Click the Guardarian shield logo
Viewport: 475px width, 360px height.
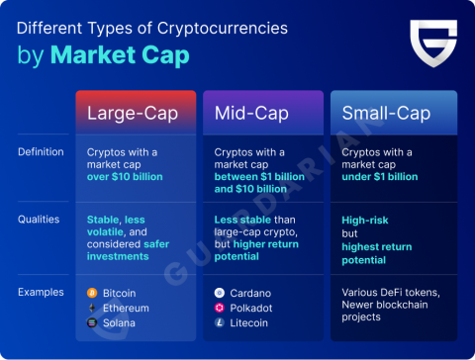click(432, 45)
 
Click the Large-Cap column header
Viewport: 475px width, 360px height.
click(132, 114)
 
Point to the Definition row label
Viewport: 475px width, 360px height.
click(41, 152)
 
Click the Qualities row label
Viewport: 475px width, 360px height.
click(39, 220)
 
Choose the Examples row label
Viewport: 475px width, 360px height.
click(41, 293)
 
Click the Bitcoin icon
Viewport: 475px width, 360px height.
click(92, 294)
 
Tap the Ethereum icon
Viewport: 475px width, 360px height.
click(92, 308)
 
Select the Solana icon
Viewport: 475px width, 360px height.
click(92, 322)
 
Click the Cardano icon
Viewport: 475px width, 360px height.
click(219, 294)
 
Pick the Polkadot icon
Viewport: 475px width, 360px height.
click(219, 308)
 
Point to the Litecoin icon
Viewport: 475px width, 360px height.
click(219, 322)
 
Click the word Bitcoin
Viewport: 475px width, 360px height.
click(120, 294)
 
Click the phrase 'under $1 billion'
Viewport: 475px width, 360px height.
click(379, 177)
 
